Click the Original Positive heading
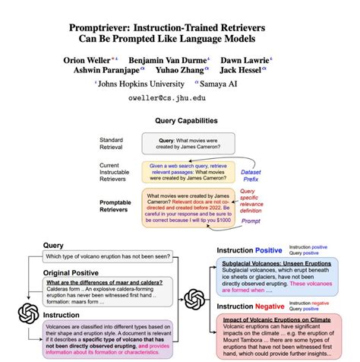click(69, 273)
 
